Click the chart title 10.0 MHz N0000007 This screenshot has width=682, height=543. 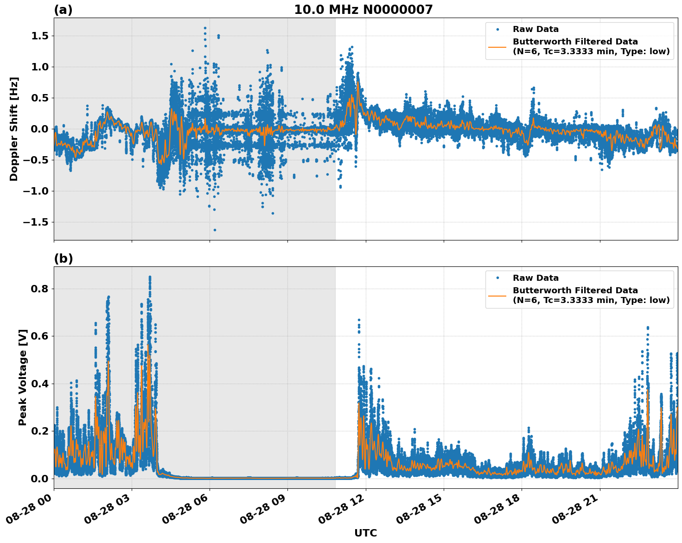[363, 10]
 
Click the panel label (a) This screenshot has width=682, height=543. [63, 10]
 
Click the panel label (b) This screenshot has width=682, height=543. [63, 259]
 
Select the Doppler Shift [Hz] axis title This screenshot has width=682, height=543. [14, 129]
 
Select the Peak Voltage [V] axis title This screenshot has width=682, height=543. [23, 377]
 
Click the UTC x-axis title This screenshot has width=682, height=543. [365, 533]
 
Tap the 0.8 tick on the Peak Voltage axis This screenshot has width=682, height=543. [40, 289]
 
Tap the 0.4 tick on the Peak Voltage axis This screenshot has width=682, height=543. [40, 384]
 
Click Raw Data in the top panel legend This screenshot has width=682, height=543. [535, 29]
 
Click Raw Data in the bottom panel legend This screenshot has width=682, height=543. [535, 278]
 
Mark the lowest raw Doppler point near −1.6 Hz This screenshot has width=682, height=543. [215, 230]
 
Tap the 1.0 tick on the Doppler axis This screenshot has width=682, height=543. [40, 67]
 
